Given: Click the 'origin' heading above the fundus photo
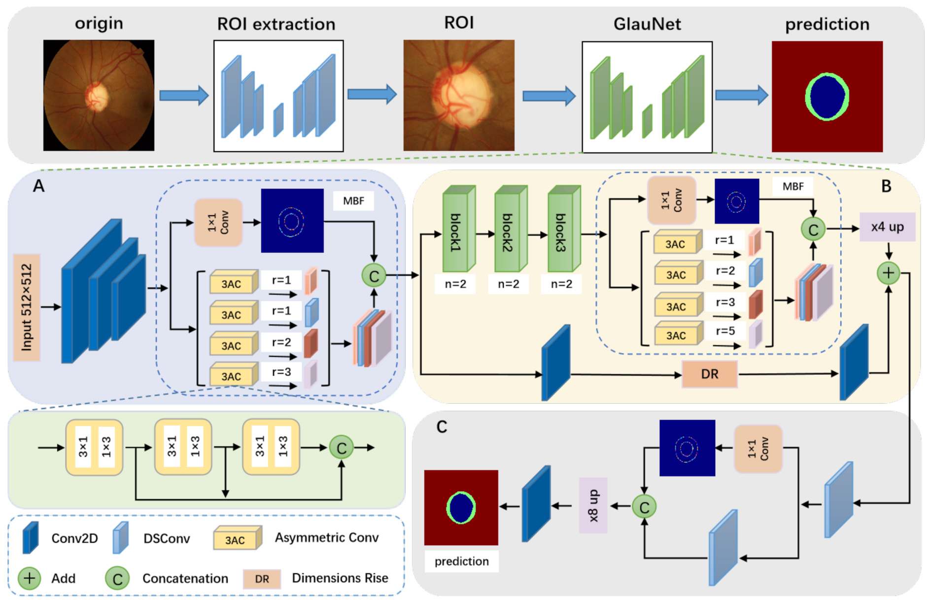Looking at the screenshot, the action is pos(99,24).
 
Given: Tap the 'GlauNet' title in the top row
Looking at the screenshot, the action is pos(647,24).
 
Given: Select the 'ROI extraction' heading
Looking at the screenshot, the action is pos(276,24).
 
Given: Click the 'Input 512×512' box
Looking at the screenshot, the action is pos(27,307).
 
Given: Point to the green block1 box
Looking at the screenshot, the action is pos(458,229).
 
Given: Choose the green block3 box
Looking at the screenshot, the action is pos(564,229).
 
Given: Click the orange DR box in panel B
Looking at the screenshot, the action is pos(710,374).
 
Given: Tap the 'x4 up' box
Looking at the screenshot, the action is pos(887,227).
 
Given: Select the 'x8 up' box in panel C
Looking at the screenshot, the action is pos(593,505).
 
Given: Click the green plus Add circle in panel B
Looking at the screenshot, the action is pos(888,273).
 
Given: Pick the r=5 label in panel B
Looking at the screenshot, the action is pos(725,331).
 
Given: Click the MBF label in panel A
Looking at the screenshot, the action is pos(353,201).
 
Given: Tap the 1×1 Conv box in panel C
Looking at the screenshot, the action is pos(758,449).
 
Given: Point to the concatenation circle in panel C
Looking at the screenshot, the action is pos(644,507).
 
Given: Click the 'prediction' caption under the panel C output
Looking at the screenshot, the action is pos(461,561).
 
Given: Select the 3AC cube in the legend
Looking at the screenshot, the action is pos(237,538).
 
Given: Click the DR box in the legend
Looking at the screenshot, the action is pos(262,579).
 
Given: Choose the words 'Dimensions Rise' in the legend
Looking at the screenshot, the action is pos(340,578).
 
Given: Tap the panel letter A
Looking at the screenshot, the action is pos(38,186).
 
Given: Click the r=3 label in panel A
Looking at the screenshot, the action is pos(281,372).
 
